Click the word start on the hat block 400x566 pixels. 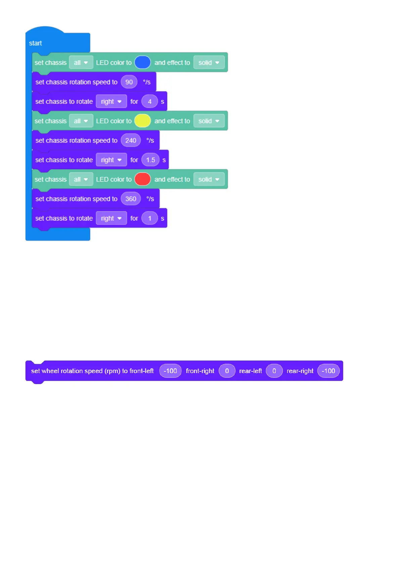(x=35, y=43)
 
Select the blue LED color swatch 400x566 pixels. (x=142, y=63)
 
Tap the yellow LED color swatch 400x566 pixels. (x=142, y=121)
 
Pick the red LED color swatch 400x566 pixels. (x=142, y=179)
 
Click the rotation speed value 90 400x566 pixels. (x=129, y=82)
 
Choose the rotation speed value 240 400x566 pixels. (x=131, y=140)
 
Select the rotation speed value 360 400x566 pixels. (x=131, y=199)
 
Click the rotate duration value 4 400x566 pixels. (x=149, y=102)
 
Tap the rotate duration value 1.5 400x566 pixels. (x=150, y=160)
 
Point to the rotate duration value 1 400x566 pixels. (x=149, y=218)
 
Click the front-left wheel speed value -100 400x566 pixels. (x=170, y=371)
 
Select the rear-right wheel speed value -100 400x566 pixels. (x=328, y=371)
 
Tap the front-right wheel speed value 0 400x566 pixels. (x=227, y=371)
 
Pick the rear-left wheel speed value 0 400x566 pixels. (x=274, y=371)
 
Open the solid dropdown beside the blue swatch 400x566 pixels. (x=209, y=63)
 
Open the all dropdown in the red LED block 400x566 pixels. (x=81, y=179)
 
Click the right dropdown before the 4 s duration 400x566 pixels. (x=111, y=102)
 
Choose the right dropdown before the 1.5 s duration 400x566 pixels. (x=111, y=160)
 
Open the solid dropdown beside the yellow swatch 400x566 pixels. (x=209, y=121)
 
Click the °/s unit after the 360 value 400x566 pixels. (x=150, y=199)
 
